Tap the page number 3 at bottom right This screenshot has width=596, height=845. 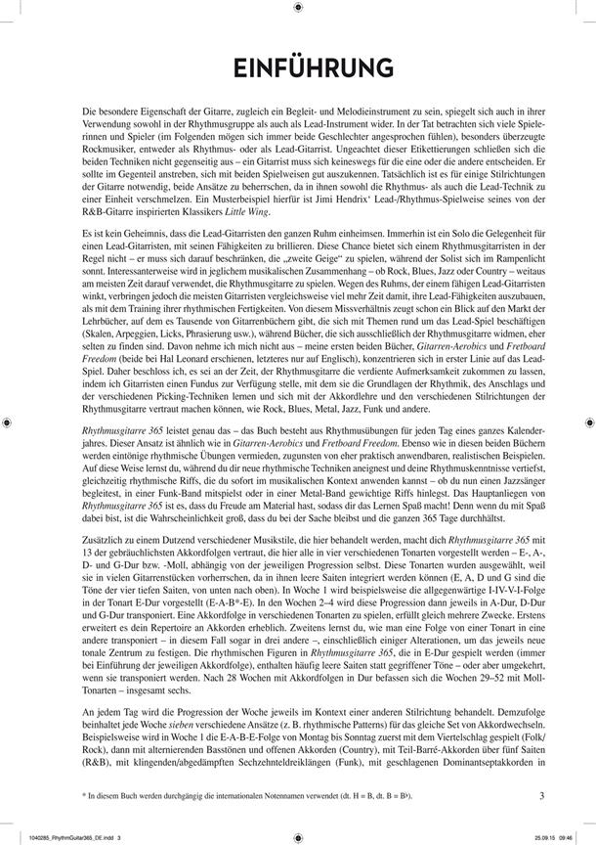tap(541, 794)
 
